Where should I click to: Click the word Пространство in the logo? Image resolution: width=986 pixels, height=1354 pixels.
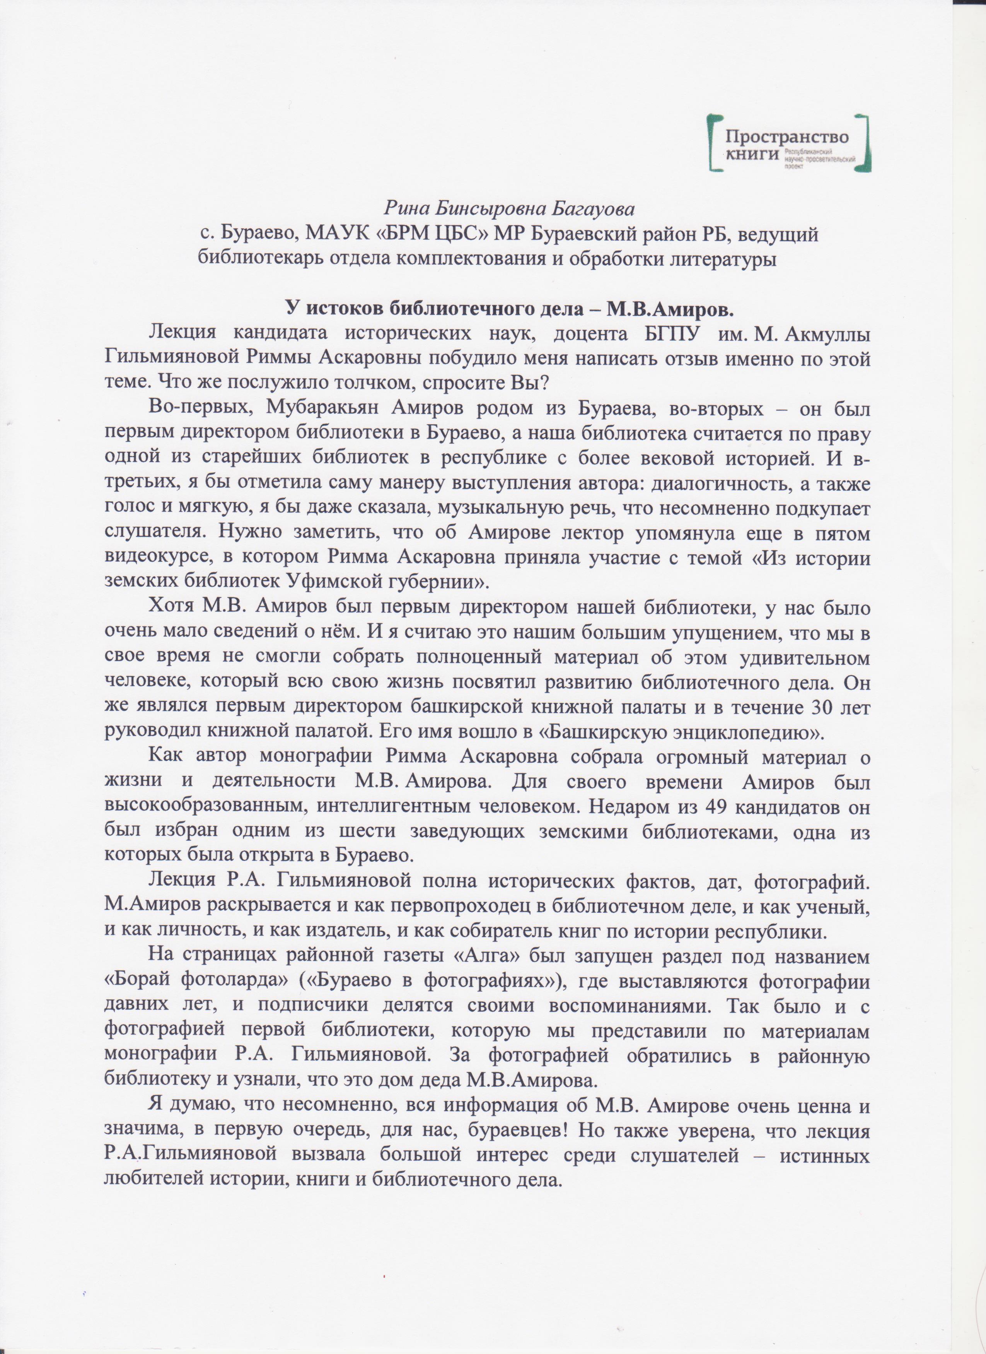pyautogui.click(x=786, y=136)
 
